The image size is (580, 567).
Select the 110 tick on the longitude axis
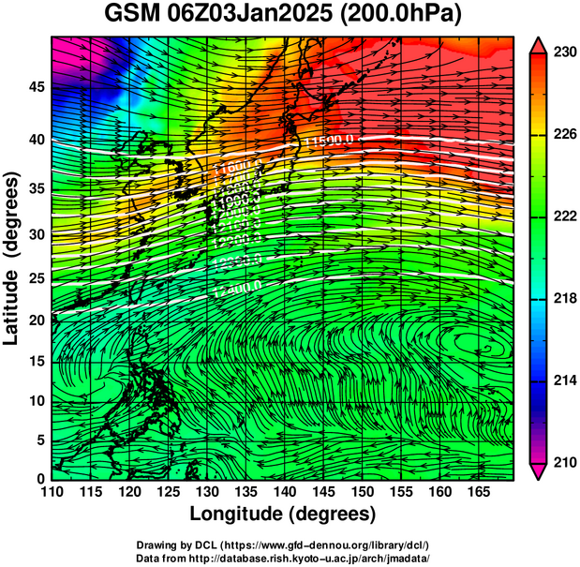tap(52, 492)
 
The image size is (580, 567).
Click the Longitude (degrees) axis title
tap(283, 515)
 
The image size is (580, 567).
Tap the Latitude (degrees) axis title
tap(13, 258)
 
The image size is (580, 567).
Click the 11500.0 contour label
tap(330, 141)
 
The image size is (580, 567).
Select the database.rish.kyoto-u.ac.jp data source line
tap(283, 557)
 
